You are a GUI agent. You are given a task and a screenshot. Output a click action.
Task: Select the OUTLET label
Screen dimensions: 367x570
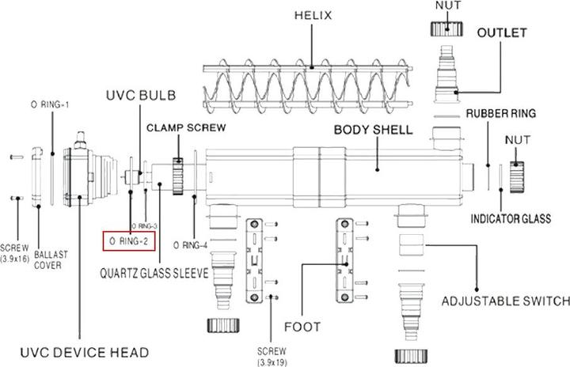coord(502,35)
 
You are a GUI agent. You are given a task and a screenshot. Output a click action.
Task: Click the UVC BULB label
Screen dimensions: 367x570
coord(141,96)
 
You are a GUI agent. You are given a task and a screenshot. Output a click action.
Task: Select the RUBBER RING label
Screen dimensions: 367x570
coord(500,113)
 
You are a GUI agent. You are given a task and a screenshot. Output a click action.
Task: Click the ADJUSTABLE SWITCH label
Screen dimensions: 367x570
coord(505,301)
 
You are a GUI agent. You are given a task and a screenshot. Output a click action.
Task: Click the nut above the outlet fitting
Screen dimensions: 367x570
coord(448,27)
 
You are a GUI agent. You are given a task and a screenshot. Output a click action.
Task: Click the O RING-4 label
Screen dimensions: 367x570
coord(189,245)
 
